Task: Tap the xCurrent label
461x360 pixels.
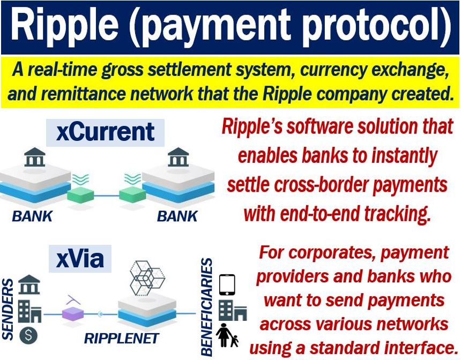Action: tap(105, 132)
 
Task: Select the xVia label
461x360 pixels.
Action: tap(80, 259)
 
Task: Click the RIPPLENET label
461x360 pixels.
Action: tap(122, 339)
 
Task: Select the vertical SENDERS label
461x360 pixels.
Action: tap(8, 310)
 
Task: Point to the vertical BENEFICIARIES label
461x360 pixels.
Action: tap(206, 307)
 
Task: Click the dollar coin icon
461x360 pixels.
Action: tap(28, 335)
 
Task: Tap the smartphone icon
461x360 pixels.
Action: tap(227, 285)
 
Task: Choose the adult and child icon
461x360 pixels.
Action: tap(227, 335)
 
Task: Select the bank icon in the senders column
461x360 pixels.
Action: tap(29, 284)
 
